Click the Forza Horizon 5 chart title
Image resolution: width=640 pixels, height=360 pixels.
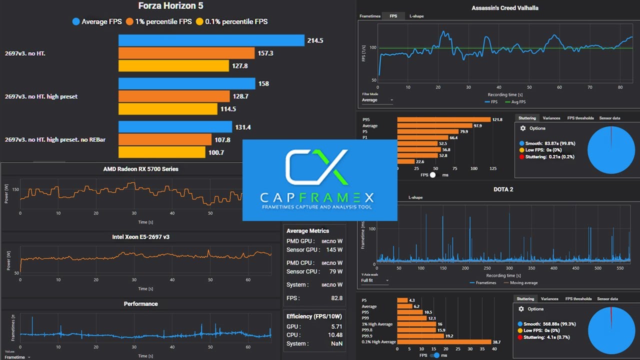[x=171, y=6]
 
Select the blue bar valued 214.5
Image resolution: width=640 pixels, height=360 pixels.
[x=211, y=40]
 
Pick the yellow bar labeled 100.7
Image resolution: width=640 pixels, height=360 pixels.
[x=161, y=152]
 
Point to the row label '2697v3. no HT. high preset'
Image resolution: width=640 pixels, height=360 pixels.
[x=41, y=96]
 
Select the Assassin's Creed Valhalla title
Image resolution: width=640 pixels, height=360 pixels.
[x=505, y=8]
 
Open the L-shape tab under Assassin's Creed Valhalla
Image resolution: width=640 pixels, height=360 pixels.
[x=416, y=16]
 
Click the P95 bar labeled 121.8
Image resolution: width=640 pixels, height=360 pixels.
[x=443, y=120]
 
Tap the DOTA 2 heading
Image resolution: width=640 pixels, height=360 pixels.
[x=503, y=189]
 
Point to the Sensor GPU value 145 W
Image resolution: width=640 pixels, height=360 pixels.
[x=333, y=249]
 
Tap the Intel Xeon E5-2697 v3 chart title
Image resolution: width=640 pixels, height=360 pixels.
[x=140, y=237]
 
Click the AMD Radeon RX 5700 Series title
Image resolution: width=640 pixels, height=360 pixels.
[x=140, y=169]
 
